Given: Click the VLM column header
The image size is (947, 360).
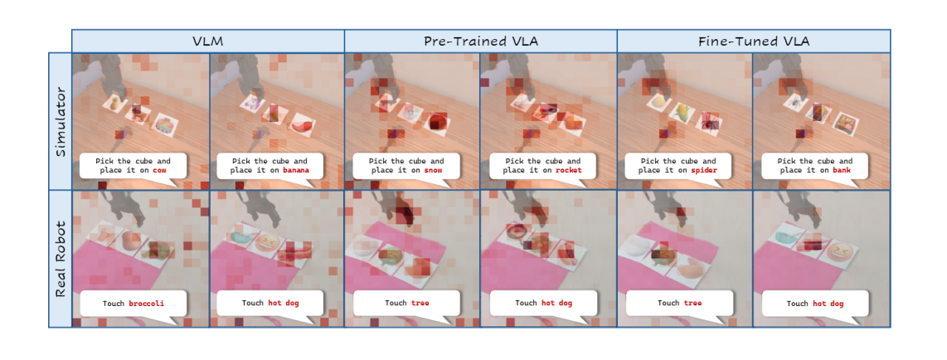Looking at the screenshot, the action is click(x=208, y=41).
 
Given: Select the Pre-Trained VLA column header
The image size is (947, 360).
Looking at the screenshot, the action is click(x=481, y=41).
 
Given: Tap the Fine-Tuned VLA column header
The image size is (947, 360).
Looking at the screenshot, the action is click(x=754, y=41).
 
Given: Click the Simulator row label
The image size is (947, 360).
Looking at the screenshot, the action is click(x=61, y=121).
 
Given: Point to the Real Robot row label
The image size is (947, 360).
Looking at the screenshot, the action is click(x=61, y=258).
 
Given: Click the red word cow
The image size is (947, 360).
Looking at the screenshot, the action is click(x=159, y=171).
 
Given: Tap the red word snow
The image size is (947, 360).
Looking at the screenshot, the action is click(x=432, y=171).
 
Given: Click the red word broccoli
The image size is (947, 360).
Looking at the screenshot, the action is click(x=146, y=304).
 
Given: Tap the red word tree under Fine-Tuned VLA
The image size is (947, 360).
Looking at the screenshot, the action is click(x=692, y=304).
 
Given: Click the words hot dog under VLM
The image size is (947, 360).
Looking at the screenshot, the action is click(x=284, y=304).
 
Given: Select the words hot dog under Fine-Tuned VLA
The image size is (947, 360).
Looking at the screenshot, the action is click(x=828, y=304).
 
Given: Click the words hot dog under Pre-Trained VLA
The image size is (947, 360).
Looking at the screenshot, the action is click(x=556, y=304).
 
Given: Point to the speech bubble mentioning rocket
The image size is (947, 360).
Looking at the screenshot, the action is click(x=542, y=166).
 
